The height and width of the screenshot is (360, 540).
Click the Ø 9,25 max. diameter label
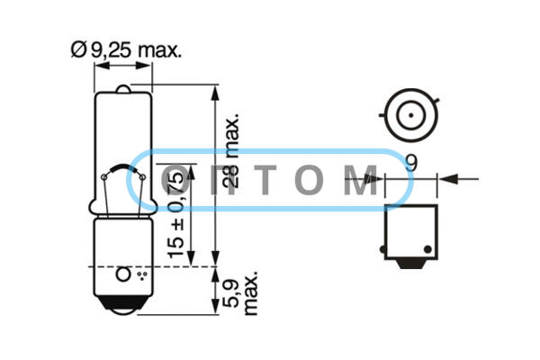click(x=126, y=50)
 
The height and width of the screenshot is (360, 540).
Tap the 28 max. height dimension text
click(x=230, y=152)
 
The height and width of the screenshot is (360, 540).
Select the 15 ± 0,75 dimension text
click(x=175, y=215)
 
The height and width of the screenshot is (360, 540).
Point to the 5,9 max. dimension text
click(x=240, y=293)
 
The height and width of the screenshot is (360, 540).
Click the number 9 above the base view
click(x=411, y=163)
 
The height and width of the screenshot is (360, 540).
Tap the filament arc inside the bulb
click(x=123, y=167)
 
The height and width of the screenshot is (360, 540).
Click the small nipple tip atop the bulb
click(x=123, y=88)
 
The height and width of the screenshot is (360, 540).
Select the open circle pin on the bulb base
click(x=123, y=274)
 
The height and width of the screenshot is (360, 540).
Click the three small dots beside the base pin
click(x=142, y=275)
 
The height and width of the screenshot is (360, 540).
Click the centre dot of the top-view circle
click(x=411, y=115)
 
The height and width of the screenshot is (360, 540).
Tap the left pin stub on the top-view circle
click(x=382, y=115)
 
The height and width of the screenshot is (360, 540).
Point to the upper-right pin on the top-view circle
click(x=436, y=102)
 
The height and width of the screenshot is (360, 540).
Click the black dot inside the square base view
click(x=427, y=249)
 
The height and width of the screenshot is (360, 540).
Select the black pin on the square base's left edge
click(x=382, y=249)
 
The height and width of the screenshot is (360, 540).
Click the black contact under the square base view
click(x=411, y=264)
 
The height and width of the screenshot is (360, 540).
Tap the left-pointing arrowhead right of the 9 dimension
click(x=447, y=179)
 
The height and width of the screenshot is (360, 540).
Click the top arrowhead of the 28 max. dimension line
click(x=215, y=93)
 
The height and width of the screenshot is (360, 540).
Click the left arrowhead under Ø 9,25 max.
click(x=102, y=66)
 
